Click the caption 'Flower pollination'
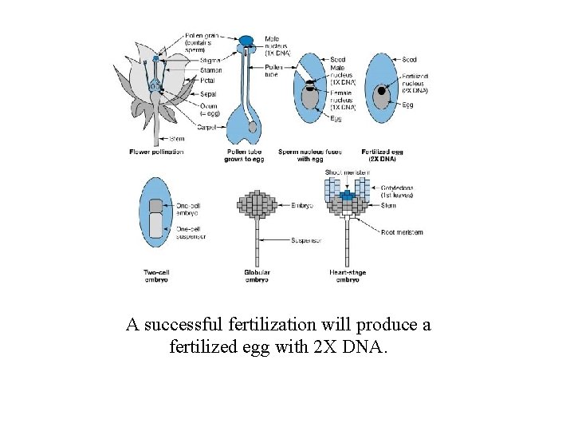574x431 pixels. coord(156,152)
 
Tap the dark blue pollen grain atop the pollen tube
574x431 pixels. coord(246,40)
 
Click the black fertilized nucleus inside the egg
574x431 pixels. coord(382,91)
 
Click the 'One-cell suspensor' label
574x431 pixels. coord(191,233)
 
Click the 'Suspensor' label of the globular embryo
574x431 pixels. coord(306,239)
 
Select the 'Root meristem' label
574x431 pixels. coord(402,232)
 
